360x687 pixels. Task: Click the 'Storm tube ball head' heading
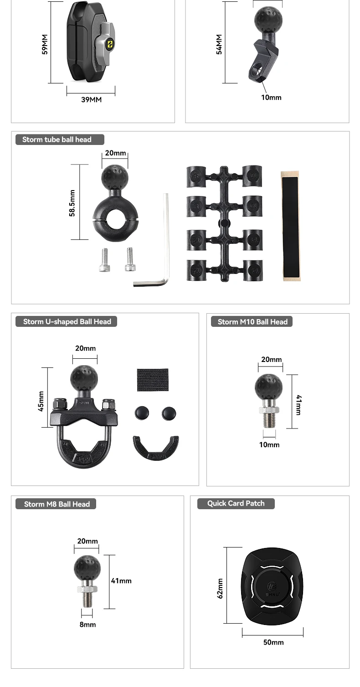pos(57,139)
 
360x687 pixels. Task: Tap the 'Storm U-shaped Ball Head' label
pos(67,321)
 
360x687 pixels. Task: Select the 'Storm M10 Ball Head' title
pos(252,322)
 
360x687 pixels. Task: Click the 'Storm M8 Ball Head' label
pos(57,504)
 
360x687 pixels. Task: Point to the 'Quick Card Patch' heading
pos(236,503)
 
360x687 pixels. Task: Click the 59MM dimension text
pos(45,44)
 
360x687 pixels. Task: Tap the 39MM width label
pos(91,99)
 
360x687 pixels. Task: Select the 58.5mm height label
pos(72,203)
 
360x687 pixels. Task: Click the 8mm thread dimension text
pos(87,624)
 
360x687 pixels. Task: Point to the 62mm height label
pos(220,588)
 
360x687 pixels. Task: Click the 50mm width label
pos(273,642)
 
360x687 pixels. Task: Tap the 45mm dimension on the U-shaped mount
pos(41,401)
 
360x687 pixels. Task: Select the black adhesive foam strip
pos(290,226)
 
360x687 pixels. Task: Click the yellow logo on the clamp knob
pos(110,45)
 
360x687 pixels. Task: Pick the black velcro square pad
pos(153,379)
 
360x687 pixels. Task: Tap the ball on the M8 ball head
pos(87,568)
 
